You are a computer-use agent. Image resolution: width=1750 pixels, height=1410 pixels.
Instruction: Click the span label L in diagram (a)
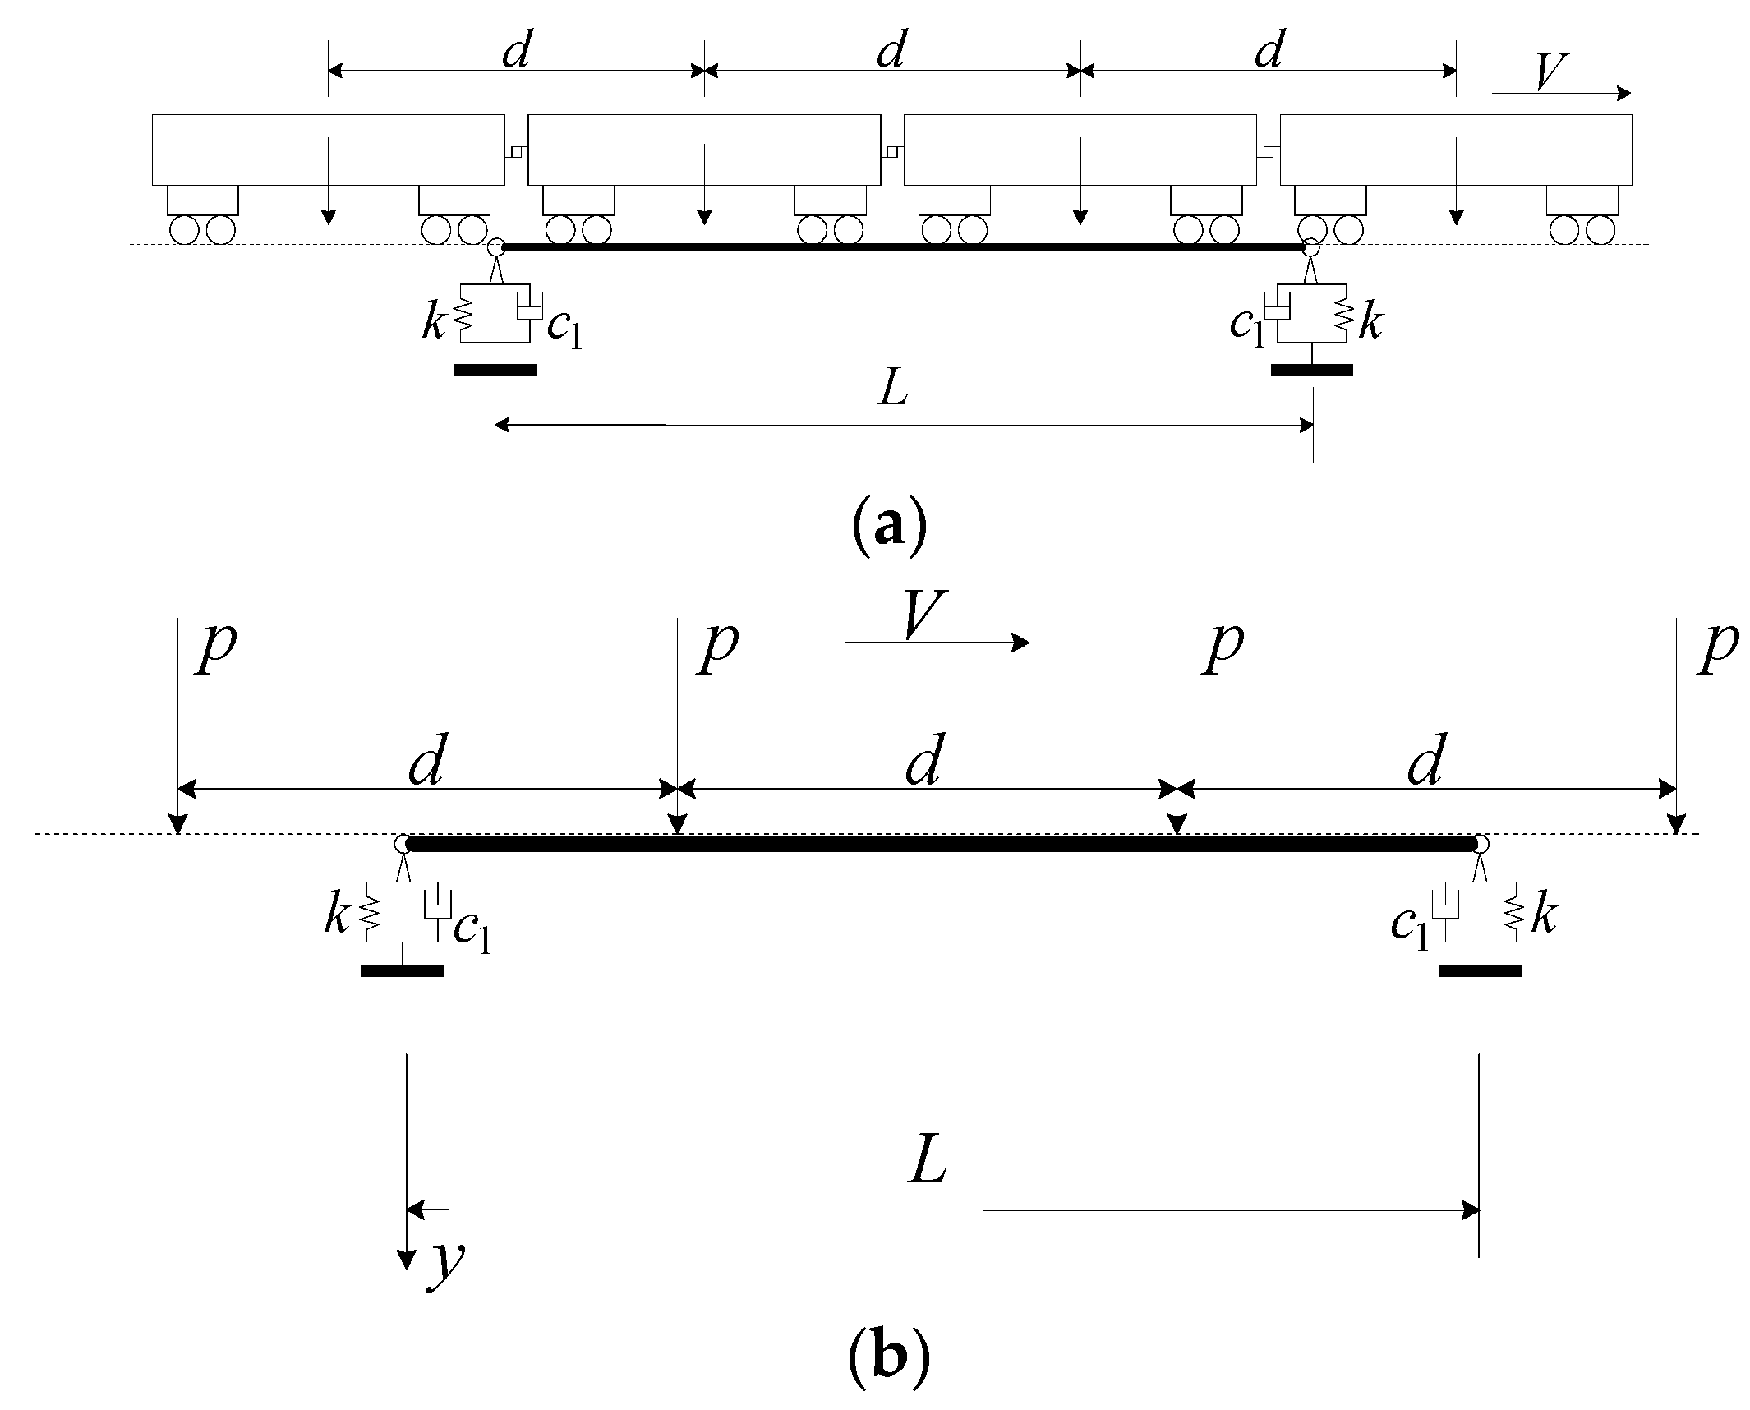894,390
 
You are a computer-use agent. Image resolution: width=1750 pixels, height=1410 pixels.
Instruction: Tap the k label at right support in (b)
1543,917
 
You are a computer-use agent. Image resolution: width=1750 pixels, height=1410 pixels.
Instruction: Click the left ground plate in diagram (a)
495,371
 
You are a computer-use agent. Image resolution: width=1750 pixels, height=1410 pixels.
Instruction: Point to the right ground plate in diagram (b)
1481,970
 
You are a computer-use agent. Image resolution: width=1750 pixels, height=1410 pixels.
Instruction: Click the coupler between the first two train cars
517,150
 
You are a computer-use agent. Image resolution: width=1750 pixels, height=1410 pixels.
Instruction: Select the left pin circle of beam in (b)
402,844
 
